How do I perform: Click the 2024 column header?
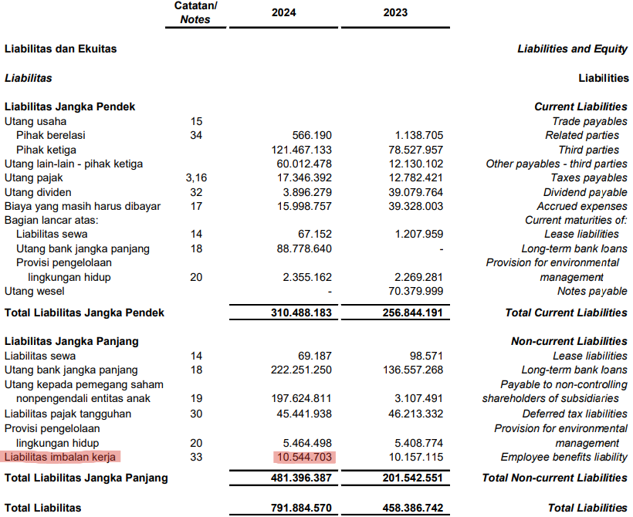[283, 12]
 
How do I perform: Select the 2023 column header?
[394, 12]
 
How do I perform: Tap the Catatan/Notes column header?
[195, 12]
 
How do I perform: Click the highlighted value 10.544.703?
[304, 457]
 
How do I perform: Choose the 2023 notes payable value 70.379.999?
[415, 291]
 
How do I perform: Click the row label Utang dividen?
[38, 192]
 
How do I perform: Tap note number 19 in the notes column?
[196, 398]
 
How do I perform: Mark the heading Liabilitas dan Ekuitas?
[60, 49]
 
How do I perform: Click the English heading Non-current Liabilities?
[569, 341]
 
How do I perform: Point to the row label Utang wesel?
[35, 291]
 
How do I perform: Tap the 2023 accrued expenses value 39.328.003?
[415, 206]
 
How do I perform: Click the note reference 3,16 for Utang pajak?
[196, 177]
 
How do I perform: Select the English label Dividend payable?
[585, 192]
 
